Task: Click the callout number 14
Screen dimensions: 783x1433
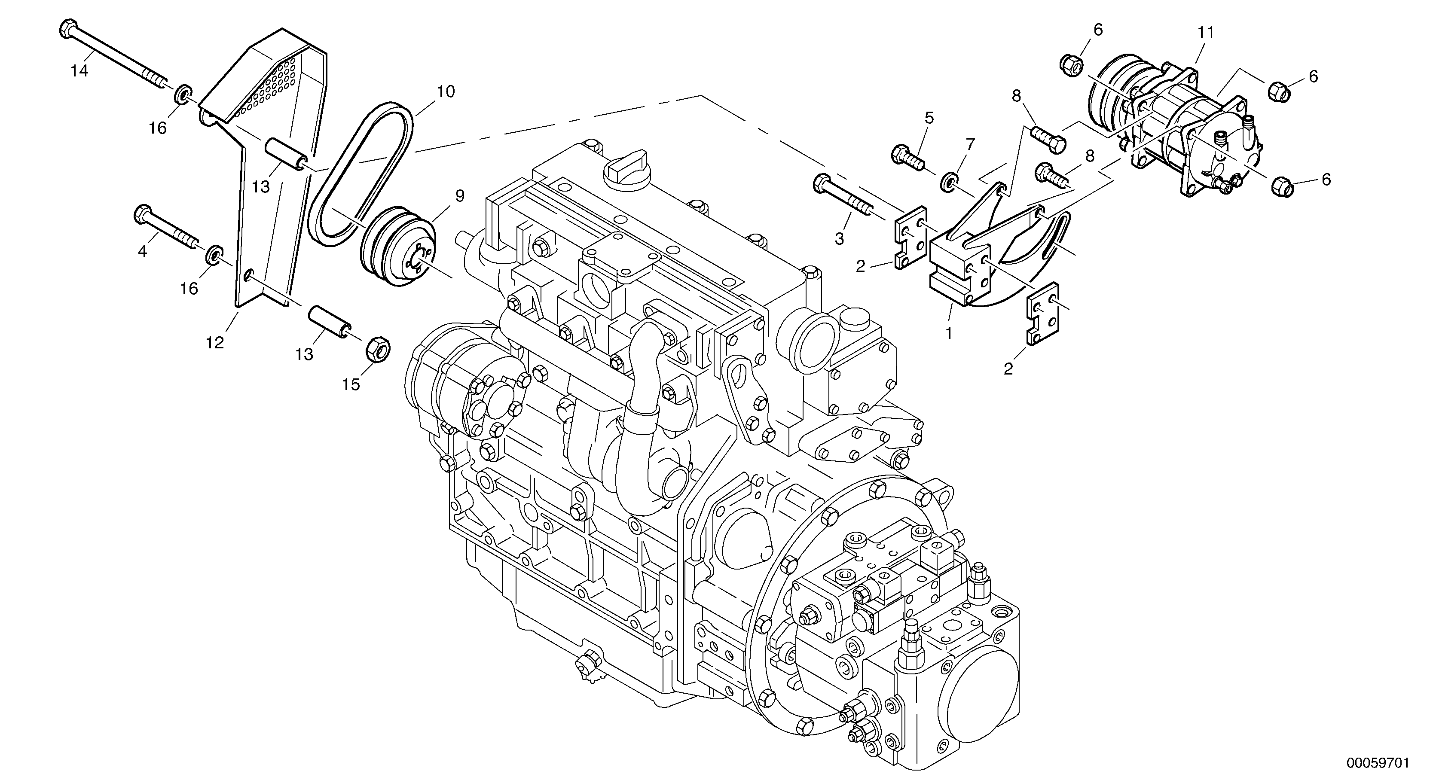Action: click(79, 71)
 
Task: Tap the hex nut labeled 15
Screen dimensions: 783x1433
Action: click(378, 349)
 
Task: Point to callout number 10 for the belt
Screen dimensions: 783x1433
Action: click(445, 92)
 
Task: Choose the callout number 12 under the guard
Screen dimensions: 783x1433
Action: click(215, 343)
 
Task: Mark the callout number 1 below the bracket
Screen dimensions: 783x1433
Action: click(949, 334)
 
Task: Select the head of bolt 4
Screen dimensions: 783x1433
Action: click(142, 214)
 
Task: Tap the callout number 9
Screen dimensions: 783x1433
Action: click(459, 196)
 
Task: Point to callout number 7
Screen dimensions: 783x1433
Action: click(970, 145)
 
